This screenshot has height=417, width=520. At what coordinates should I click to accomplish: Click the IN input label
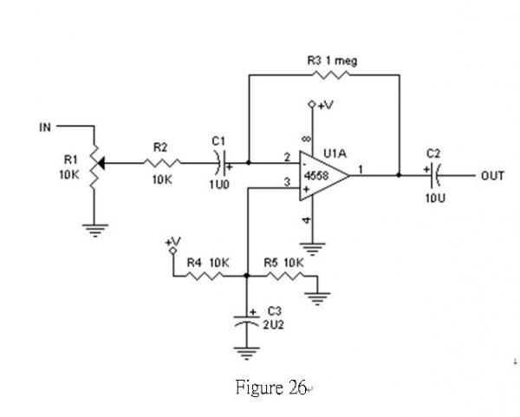(44, 128)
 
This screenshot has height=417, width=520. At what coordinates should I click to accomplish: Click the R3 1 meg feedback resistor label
(332, 61)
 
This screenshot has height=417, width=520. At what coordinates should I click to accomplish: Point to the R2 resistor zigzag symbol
(163, 162)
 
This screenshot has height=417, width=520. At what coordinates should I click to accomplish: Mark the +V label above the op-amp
(324, 106)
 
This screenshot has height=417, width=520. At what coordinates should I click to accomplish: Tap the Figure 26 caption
(271, 388)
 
